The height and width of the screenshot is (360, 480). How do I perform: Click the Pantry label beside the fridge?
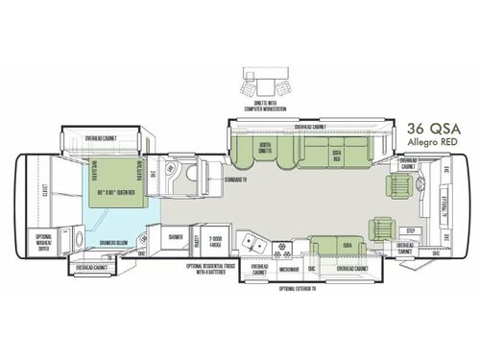196,239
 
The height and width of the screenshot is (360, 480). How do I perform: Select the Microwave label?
290,270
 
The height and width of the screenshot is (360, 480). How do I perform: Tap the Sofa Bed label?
337,154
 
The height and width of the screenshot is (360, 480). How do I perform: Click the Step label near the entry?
411,231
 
